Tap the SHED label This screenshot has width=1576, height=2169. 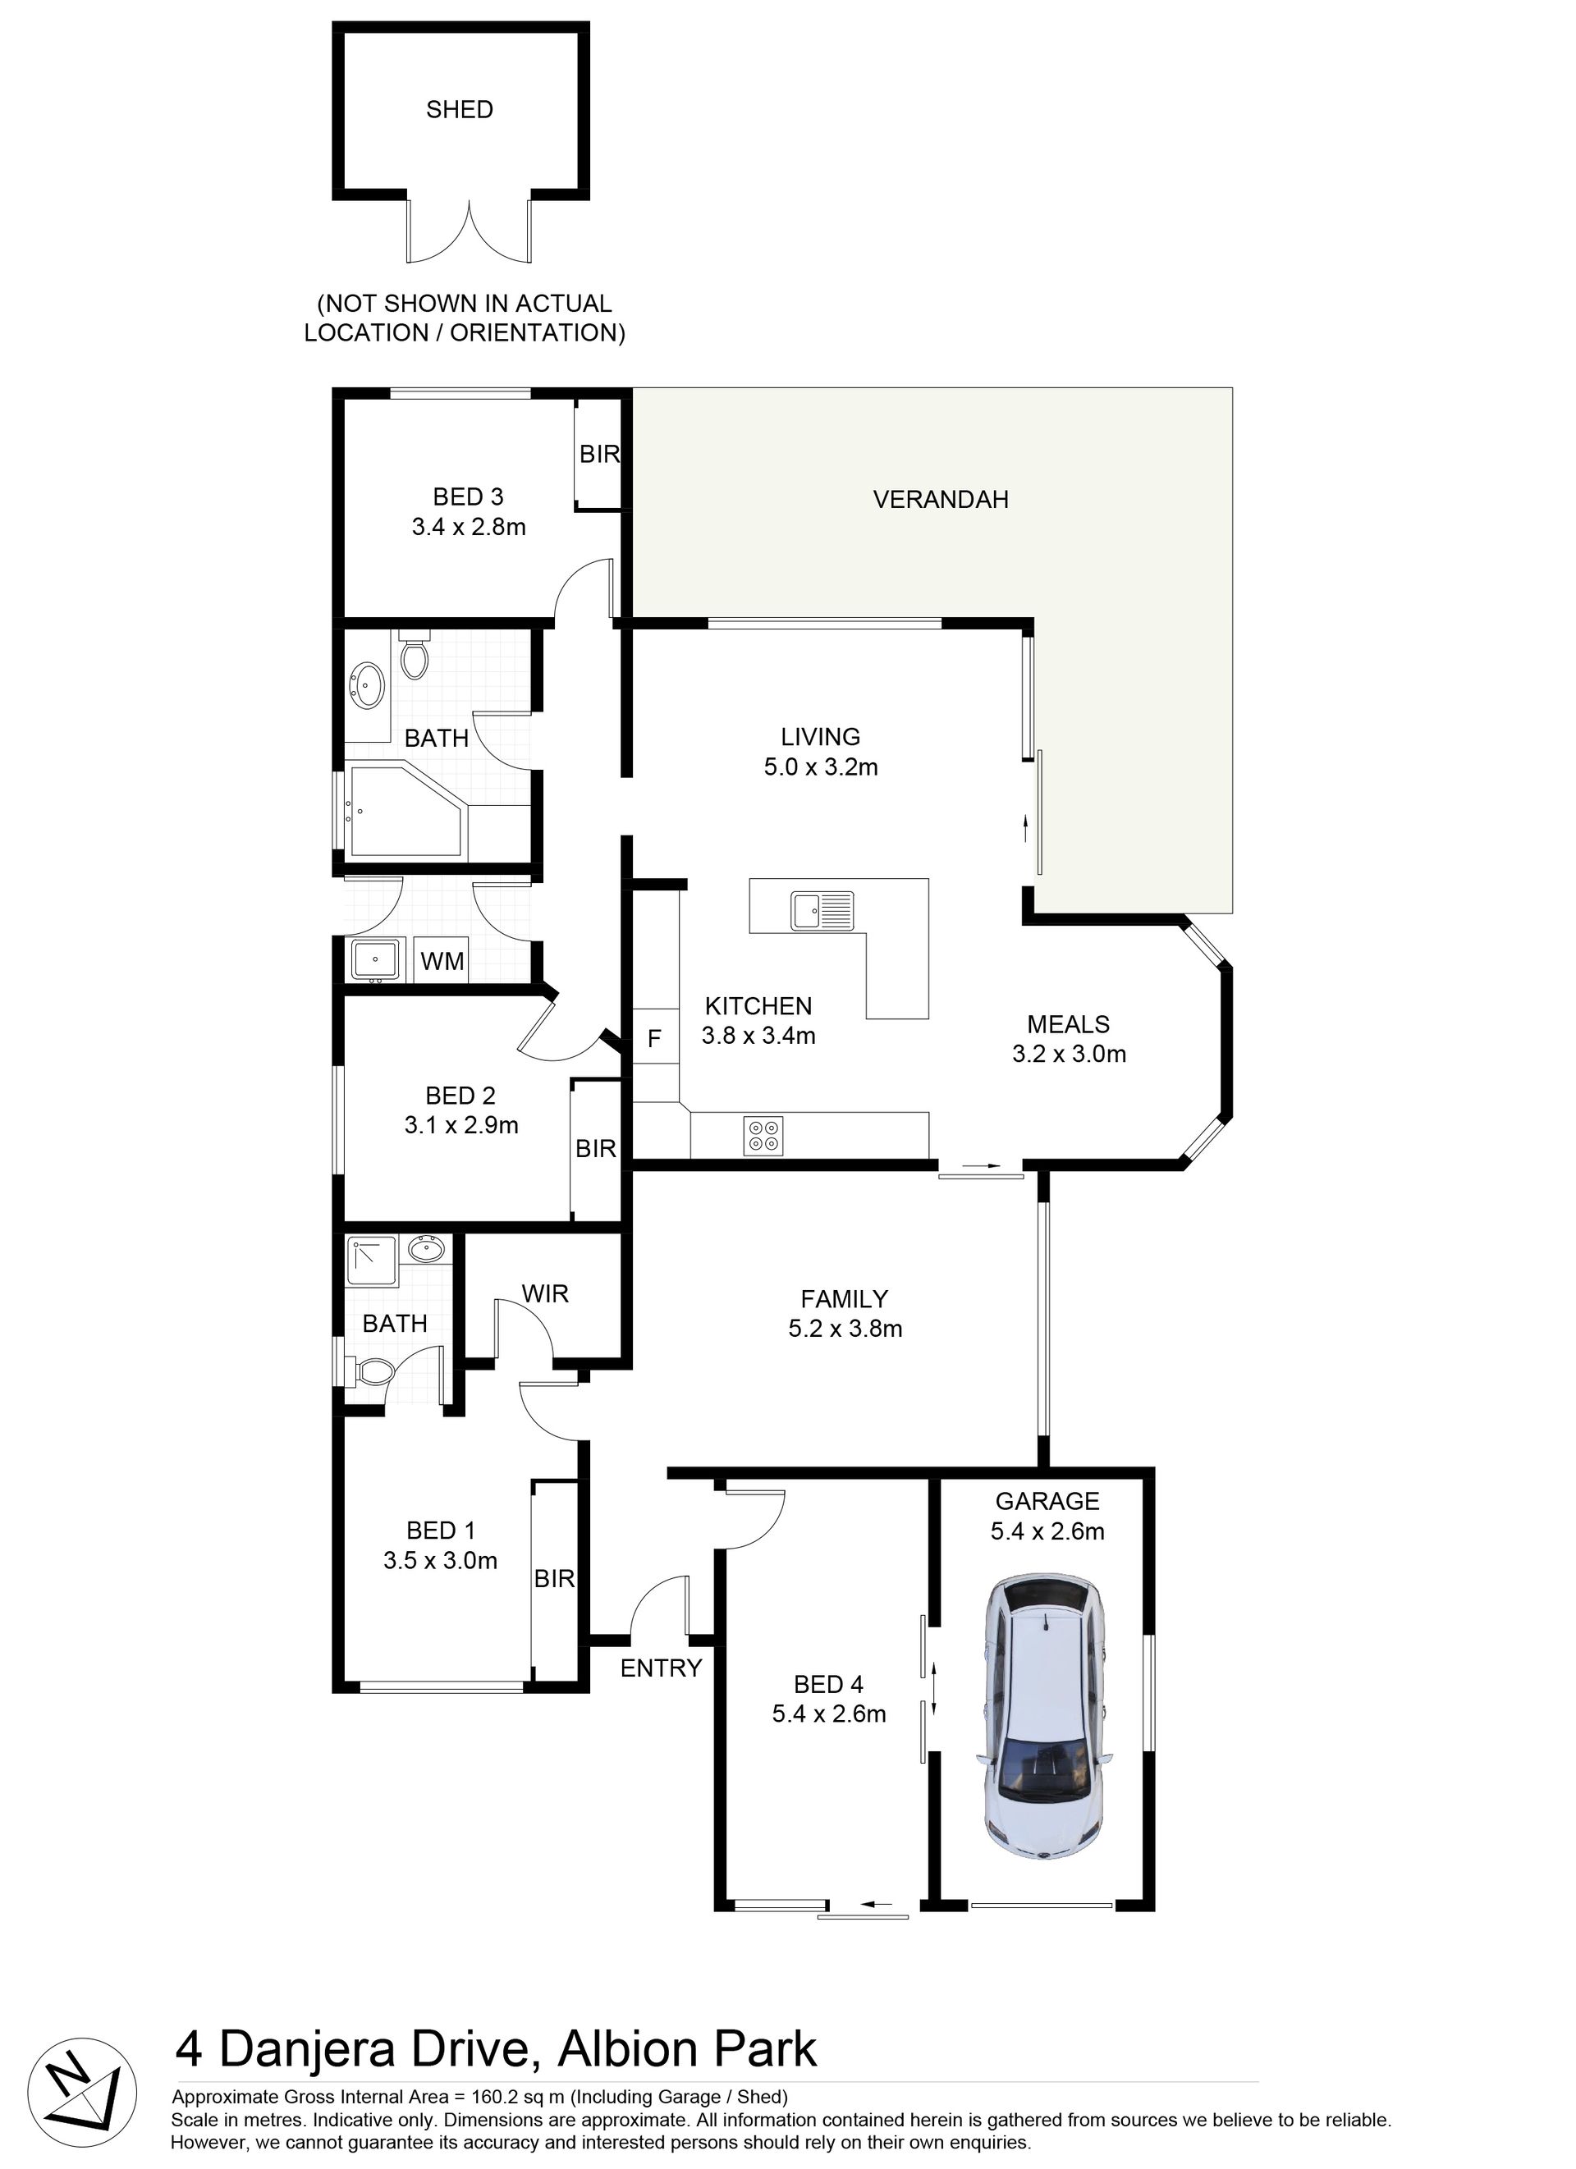pos(460,110)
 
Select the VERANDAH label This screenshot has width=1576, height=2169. pos(941,499)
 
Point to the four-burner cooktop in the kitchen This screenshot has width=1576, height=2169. pos(764,1135)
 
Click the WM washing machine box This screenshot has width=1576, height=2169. pos(442,960)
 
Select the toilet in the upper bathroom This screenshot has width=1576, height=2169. pos(414,654)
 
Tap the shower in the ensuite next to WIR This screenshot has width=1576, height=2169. pos(371,1261)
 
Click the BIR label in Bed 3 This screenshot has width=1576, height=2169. pos(599,455)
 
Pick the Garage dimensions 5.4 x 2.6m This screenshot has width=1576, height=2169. pos(1047,1531)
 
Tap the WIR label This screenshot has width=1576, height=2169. pos(545,1294)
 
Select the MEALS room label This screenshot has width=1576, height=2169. pos(1068,1024)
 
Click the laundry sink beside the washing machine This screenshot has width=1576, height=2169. pos(377,959)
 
